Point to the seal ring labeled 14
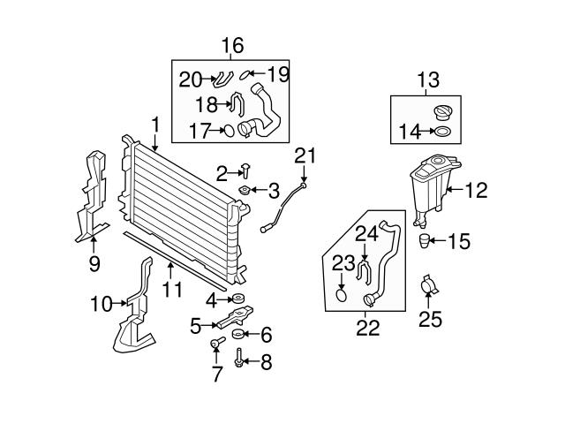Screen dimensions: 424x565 pos(441,133)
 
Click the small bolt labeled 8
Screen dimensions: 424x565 pos(240,360)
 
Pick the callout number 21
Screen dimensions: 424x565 pos(305,156)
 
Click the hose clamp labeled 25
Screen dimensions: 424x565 pos(431,286)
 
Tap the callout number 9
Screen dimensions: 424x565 pos(94,262)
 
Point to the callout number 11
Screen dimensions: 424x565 pos(174,289)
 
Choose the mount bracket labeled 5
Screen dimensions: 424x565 pos(234,317)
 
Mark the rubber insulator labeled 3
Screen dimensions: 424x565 pos(245,191)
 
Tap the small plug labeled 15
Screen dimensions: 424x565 pos(426,241)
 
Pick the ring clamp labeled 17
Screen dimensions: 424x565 pos(227,132)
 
